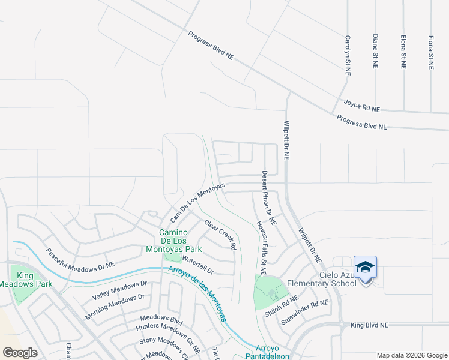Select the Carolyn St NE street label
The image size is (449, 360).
[x=347, y=55]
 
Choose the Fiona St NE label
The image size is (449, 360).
[x=430, y=52]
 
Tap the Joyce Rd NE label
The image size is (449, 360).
[x=362, y=107]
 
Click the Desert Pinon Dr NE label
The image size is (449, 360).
[x=268, y=198]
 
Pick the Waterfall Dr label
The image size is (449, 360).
[x=197, y=262]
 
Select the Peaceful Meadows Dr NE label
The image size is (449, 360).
[x=80, y=259]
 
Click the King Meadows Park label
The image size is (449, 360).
[x=26, y=280]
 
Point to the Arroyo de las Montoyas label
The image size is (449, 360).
[x=197, y=294]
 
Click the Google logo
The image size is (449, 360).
[x=20, y=353]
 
